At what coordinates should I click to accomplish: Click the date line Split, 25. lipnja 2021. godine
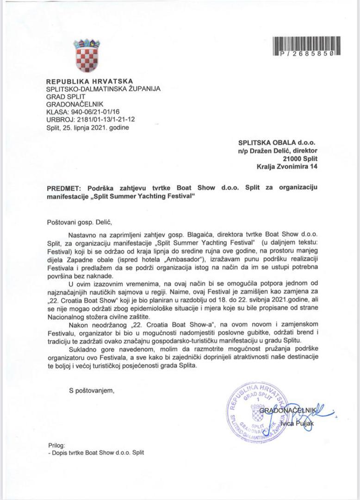tap(88, 127)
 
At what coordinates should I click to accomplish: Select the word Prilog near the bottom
tap(56, 445)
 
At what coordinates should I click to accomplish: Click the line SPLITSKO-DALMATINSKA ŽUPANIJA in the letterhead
tap(104, 89)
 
